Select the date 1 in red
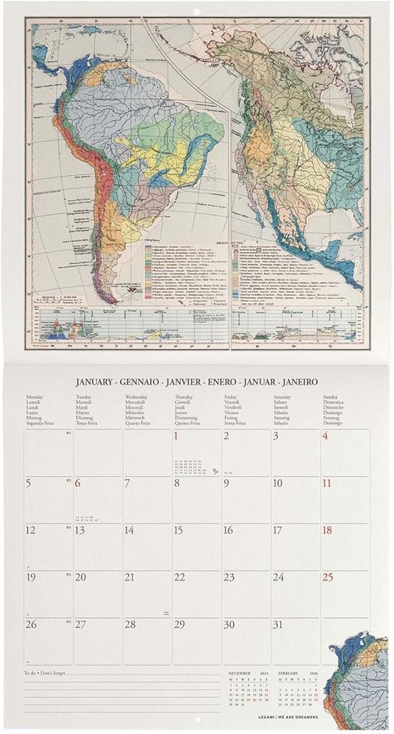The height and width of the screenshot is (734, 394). point(176,437)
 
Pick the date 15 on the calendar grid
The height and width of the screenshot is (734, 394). point(178,530)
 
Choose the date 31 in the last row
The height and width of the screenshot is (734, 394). point(278,624)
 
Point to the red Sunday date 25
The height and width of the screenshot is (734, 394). point(328,577)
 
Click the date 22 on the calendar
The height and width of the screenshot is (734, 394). point(179,577)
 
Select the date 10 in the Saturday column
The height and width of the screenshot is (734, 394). point(278,484)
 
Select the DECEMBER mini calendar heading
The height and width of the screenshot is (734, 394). point(242,673)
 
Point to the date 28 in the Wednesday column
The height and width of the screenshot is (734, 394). point(129,624)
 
